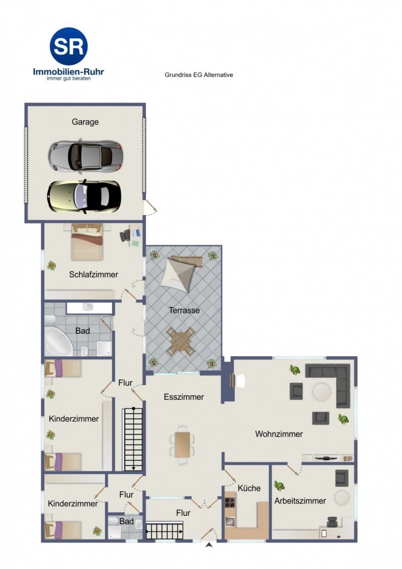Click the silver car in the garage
tap(86, 156)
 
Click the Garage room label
tap(85, 122)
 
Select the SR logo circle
tap(69, 46)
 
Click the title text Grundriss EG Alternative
tap(199, 75)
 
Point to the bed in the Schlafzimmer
tap(87, 241)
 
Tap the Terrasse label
tap(184, 311)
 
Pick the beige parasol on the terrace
tap(178, 274)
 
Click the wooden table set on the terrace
tap(180, 341)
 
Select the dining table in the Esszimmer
tap(182, 444)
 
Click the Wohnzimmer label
tap(279, 434)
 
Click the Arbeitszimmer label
tap(300, 501)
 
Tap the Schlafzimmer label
tap(94, 274)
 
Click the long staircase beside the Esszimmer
tap(133, 439)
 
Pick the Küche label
tap(249, 488)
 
